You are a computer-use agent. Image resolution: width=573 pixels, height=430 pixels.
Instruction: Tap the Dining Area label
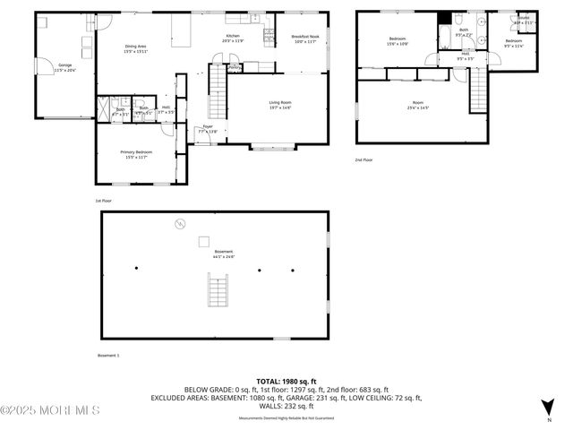point(135,47)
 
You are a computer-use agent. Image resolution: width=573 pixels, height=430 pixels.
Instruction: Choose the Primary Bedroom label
point(136,154)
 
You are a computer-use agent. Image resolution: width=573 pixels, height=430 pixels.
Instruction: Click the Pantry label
point(235,67)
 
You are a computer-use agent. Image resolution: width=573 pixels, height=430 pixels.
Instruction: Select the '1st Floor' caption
point(105,201)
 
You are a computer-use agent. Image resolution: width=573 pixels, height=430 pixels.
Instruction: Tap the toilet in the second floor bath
point(458,21)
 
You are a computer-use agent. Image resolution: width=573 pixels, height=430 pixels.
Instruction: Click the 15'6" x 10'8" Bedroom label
point(398,41)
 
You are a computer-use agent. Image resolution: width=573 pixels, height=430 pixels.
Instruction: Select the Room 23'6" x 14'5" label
point(417,106)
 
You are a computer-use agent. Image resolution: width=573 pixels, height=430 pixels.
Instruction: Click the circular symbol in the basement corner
point(179,223)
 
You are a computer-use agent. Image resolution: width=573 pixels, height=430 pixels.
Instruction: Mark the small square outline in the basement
point(204,240)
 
